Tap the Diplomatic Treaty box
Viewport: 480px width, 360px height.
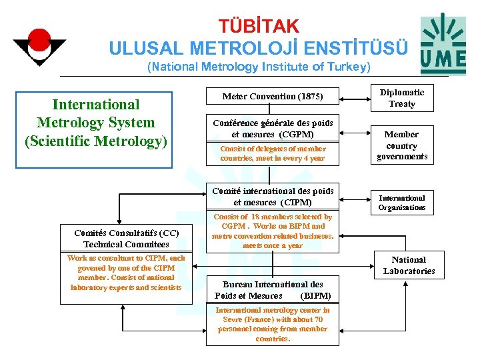402,98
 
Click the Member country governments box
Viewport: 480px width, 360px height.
402,145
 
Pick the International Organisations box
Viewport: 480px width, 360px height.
402,203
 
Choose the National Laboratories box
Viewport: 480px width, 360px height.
409,265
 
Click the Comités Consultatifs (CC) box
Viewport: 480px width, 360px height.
127,239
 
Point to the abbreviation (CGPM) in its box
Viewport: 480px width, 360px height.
297,134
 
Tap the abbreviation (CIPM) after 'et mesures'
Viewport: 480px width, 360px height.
297,202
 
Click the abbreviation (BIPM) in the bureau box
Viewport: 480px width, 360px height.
315,295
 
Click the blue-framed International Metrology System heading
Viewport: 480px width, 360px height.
95,123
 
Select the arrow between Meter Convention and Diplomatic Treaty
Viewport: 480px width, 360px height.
357,98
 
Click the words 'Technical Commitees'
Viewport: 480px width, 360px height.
127,245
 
